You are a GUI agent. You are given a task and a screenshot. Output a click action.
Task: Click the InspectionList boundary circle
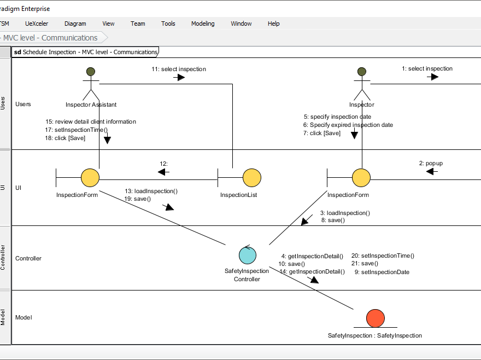(x=251, y=178)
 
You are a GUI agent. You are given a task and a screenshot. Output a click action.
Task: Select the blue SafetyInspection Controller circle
(x=248, y=255)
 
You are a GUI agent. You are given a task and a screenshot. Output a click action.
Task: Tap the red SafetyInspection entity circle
(x=375, y=318)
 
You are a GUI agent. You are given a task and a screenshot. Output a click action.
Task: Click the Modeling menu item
(x=203, y=24)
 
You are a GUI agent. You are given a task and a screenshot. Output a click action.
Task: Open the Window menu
(x=241, y=24)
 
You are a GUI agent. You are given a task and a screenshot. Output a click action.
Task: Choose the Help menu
(x=273, y=24)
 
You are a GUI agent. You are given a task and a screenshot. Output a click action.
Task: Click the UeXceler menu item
(x=37, y=24)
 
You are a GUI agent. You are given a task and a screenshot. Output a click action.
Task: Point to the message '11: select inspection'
(x=179, y=69)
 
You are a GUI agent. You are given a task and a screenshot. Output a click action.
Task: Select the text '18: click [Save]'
(x=65, y=138)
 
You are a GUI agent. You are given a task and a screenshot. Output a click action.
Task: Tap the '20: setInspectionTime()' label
(x=383, y=256)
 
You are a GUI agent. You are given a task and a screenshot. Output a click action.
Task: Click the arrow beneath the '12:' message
(x=163, y=172)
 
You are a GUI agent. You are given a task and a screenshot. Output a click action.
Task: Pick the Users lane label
(x=23, y=104)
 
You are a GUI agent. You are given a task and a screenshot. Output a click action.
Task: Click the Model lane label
(x=24, y=317)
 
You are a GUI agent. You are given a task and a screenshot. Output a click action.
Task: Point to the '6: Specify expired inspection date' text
(x=348, y=125)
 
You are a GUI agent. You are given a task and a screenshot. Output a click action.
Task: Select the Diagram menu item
(x=75, y=24)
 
